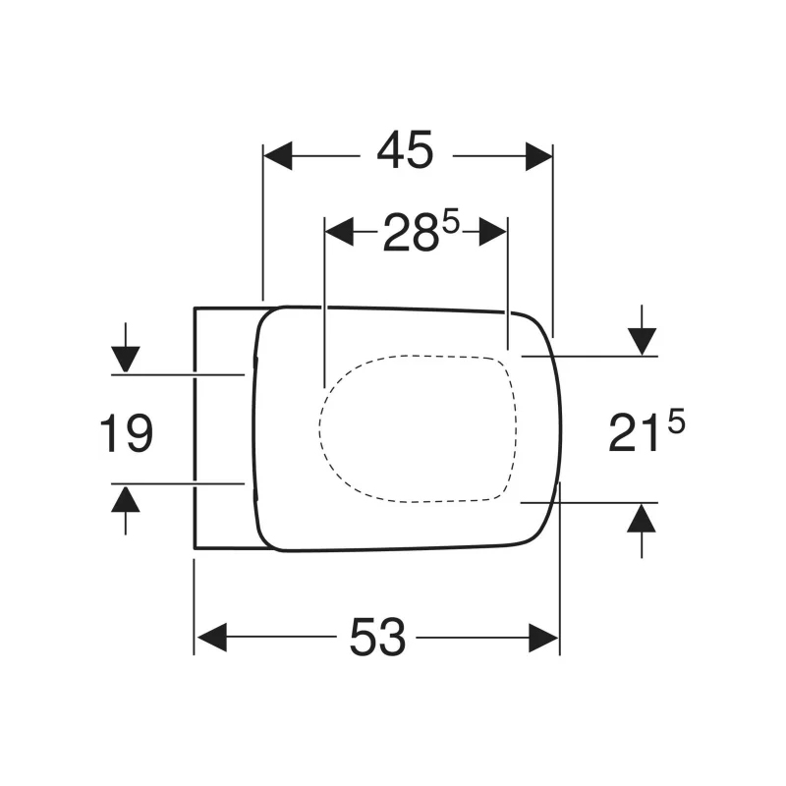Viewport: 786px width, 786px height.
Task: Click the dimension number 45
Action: click(x=406, y=152)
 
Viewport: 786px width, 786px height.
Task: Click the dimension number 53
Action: click(x=377, y=639)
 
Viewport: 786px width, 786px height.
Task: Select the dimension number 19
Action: click(x=127, y=433)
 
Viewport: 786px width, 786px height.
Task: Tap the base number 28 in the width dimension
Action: click(x=410, y=235)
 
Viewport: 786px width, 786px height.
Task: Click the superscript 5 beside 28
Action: click(x=451, y=223)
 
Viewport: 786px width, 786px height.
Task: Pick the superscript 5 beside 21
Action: click(x=675, y=422)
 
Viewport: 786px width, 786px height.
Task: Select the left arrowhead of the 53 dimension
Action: click(x=211, y=638)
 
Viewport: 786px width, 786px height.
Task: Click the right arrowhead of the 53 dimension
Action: click(x=543, y=638)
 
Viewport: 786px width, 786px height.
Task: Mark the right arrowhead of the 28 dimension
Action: click(x=493, y=232)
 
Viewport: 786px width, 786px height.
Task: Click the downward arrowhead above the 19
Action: click(x=126, y=359)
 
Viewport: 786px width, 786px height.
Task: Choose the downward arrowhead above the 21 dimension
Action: click(x=642, y=341)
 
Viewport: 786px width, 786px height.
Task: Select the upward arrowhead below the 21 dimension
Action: click(x=642, y=517)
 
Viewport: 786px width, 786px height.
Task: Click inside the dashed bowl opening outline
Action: click(x=418, y=427)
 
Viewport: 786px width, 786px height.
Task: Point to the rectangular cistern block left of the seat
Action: click(x=224, y=427)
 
